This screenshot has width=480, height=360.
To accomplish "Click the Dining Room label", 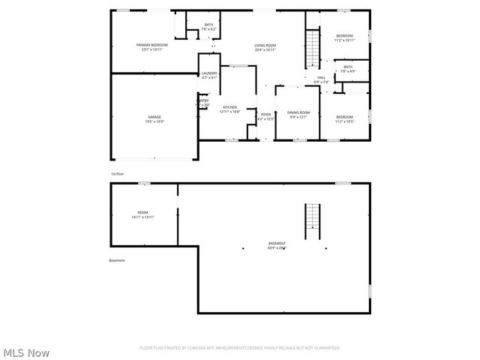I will (298, 115).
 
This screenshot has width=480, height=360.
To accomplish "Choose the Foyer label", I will (265, 116).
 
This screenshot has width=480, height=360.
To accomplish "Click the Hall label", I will (321, 79).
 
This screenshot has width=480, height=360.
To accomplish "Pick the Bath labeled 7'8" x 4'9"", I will (347, 69).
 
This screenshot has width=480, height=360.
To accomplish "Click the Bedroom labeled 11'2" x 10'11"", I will (344, 38).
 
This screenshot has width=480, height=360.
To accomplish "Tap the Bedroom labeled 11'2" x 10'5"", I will (344, 118).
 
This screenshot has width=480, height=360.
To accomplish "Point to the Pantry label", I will (203, 102).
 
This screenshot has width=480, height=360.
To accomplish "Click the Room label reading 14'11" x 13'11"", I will (142, 214).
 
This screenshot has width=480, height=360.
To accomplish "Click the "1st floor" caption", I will (116, 174).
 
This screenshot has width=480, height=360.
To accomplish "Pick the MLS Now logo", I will (26, 352).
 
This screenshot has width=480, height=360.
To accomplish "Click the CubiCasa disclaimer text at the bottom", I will (239, 348).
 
